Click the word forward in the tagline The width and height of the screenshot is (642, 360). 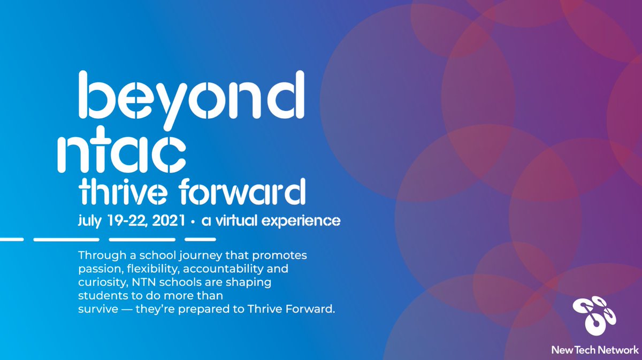(x=242, y=193)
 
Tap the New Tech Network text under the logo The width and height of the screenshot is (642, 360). (x=595, y=350)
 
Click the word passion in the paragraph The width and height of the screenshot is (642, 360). (x=96, y=268)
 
